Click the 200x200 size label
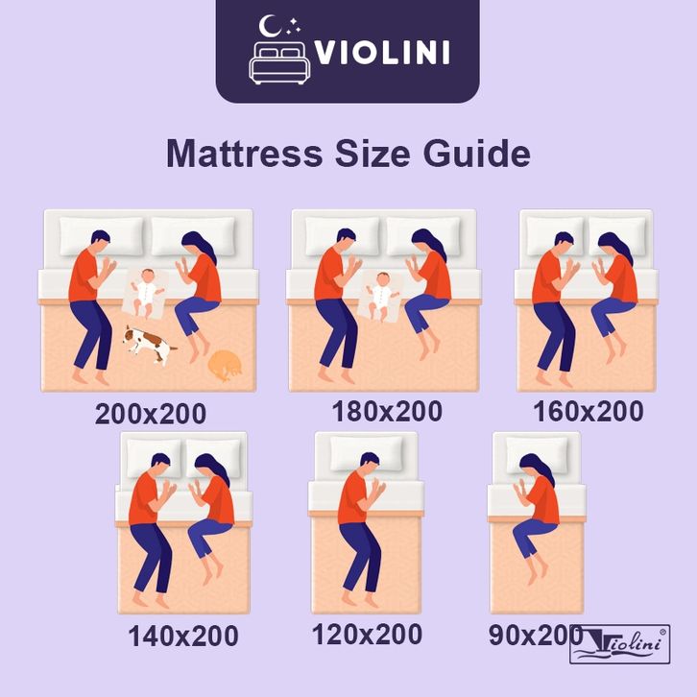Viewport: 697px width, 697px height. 150,414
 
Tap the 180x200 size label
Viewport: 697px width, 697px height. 387,411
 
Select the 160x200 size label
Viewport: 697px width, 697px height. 589,411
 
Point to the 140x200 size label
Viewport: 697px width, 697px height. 183,636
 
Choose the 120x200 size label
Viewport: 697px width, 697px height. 367,634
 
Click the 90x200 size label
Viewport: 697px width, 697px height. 535,635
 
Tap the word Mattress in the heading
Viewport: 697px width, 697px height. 244,154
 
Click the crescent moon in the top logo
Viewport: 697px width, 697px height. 270,26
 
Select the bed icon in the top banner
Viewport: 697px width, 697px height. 279,63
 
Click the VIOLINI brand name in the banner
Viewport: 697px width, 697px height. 382,53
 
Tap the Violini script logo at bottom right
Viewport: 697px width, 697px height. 619,644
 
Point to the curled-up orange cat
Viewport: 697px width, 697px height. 226,366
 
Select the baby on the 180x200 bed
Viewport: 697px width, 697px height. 382,296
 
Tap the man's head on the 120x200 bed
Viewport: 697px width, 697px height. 370,465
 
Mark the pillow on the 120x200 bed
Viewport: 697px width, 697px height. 367,453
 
